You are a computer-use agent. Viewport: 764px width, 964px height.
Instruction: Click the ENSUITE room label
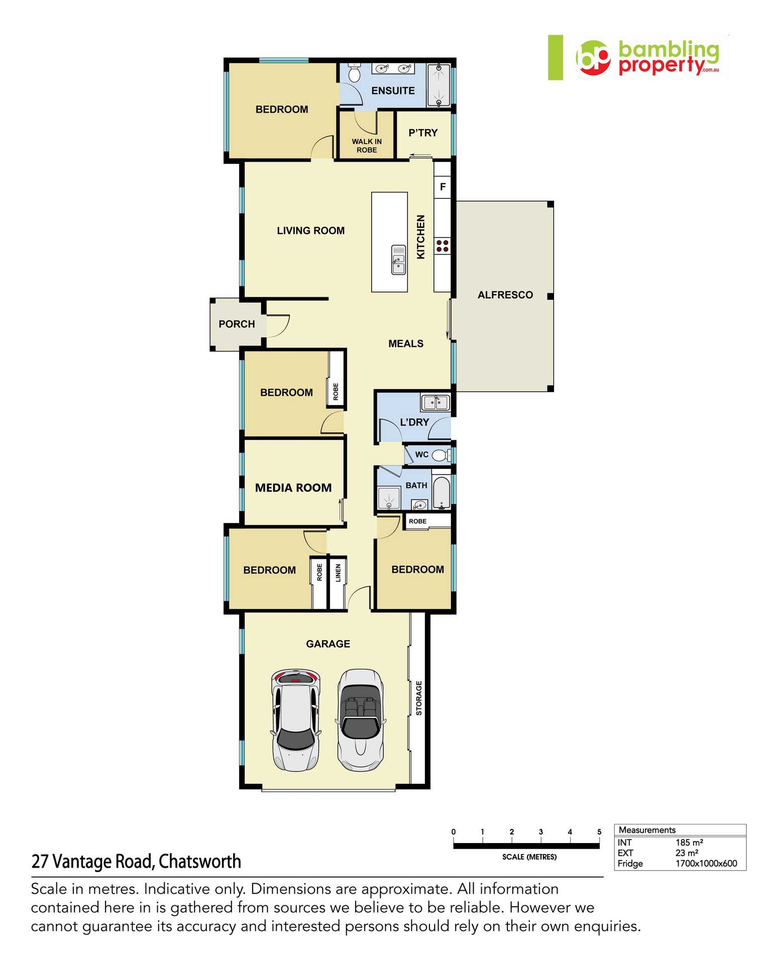coord(393,91)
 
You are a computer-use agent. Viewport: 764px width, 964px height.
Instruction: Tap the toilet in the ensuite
coord(354,73)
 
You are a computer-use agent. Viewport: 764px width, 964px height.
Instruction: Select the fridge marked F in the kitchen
coord(443,187)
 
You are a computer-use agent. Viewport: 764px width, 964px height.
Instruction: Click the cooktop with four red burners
coord(443,246)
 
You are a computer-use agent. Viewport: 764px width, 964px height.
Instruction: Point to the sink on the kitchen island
coord(398,260)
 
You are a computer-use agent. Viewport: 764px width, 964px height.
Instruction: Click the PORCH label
coord(237,324)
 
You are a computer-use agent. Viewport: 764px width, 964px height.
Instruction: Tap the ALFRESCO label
coord(505,295)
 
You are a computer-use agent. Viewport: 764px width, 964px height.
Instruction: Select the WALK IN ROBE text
coord(367,146)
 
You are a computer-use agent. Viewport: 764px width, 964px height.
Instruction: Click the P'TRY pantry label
coord(423,133)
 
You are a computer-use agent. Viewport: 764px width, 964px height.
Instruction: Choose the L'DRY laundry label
coord(414,422)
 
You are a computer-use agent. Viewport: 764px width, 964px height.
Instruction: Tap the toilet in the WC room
coord(440,455)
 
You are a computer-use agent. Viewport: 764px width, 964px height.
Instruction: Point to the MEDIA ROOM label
coord(293,488)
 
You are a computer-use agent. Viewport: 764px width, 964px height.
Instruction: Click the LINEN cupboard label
coord(338,573)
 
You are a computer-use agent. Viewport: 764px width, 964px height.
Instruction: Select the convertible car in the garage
coord(360,719)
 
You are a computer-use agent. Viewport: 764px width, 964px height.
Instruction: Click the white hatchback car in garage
coord(296,719)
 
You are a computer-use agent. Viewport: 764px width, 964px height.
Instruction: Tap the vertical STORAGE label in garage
coord(419,698)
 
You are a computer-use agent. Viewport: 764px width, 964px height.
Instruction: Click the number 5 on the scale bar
coord(599,832)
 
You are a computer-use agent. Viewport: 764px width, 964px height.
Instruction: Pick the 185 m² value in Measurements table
coord(689,842)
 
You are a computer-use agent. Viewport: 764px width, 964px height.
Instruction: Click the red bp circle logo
coord(593,58)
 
